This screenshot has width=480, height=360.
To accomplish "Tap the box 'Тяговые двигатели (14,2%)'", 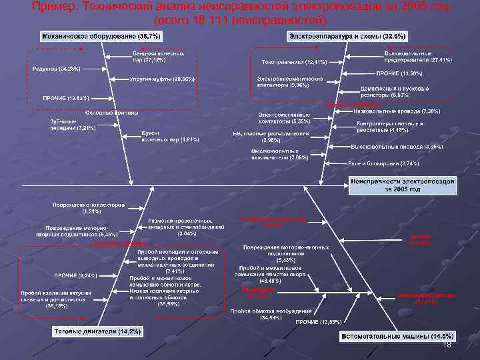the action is click(97, 331).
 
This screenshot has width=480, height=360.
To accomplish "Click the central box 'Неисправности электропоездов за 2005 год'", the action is click(403, 185).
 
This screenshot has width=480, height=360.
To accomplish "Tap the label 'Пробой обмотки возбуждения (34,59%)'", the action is click(271, 314).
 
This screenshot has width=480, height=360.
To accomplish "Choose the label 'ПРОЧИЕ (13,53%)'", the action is click(317, 323).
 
